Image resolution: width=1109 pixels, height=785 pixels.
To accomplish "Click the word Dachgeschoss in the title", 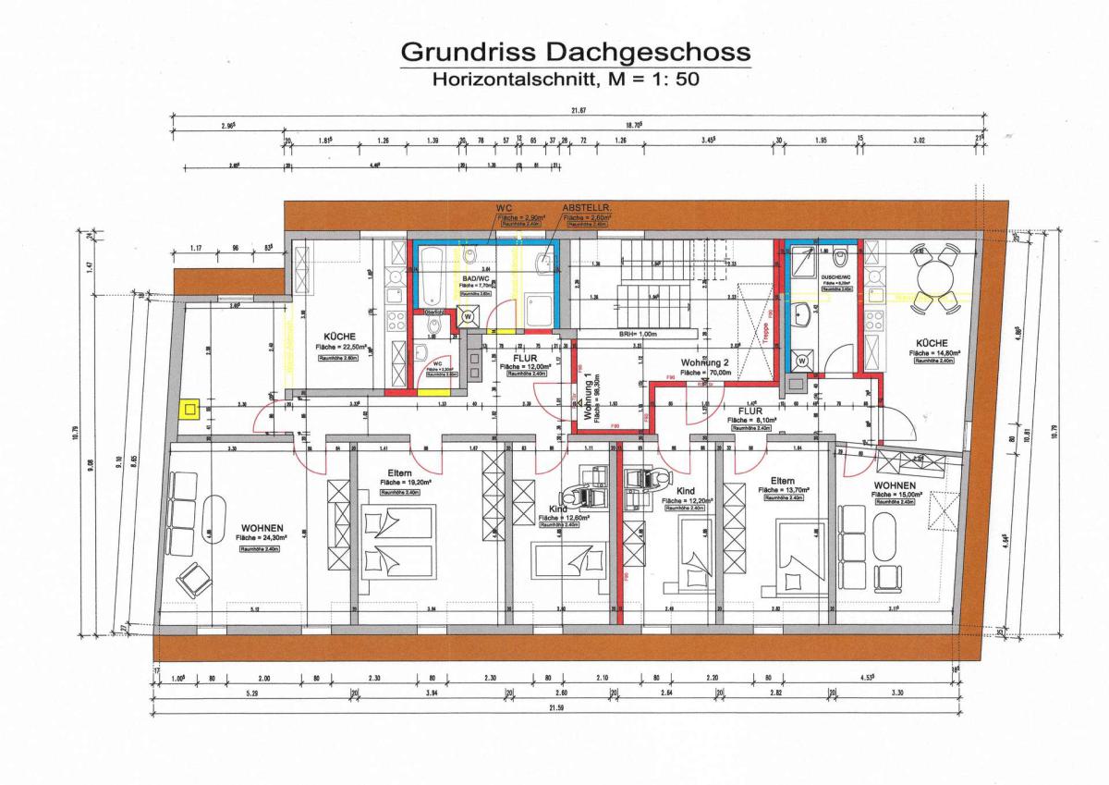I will click(x=646, y=52).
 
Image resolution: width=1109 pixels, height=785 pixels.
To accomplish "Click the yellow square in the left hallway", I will click(x=191, y=407).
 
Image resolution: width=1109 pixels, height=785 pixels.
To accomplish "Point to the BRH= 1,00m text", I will click(x=638, y=334).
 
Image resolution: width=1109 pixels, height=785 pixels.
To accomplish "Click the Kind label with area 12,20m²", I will click(x=685, y=491).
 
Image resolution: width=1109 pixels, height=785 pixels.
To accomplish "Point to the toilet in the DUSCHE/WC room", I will click(x=840, y=259).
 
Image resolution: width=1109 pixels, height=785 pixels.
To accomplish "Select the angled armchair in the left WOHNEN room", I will click(x=195, y=579).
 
